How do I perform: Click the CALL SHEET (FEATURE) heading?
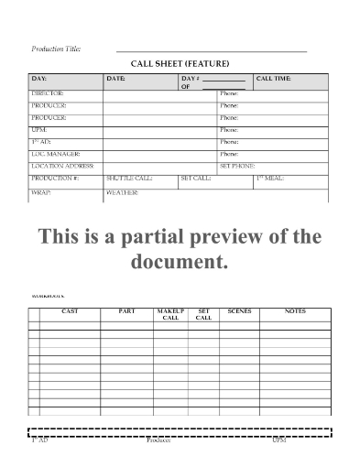(180, 63)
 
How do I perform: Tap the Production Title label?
(56, 48)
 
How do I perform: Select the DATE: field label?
(116, 80)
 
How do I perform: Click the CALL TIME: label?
(274, 80)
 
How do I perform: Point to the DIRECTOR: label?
(49, 94)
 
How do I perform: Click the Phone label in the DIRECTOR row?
(229, 94)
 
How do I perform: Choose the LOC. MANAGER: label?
(56, 154)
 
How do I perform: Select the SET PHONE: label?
(237, 166)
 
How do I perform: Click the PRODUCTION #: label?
(56, 178)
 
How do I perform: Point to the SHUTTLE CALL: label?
(129, 178)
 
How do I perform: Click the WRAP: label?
(41, 193)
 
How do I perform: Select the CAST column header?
(70, 311)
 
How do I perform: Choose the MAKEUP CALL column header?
(171, 314)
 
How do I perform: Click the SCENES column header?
(239, 311)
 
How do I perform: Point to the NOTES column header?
(295, 311)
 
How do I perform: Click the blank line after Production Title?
(211, 50)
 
